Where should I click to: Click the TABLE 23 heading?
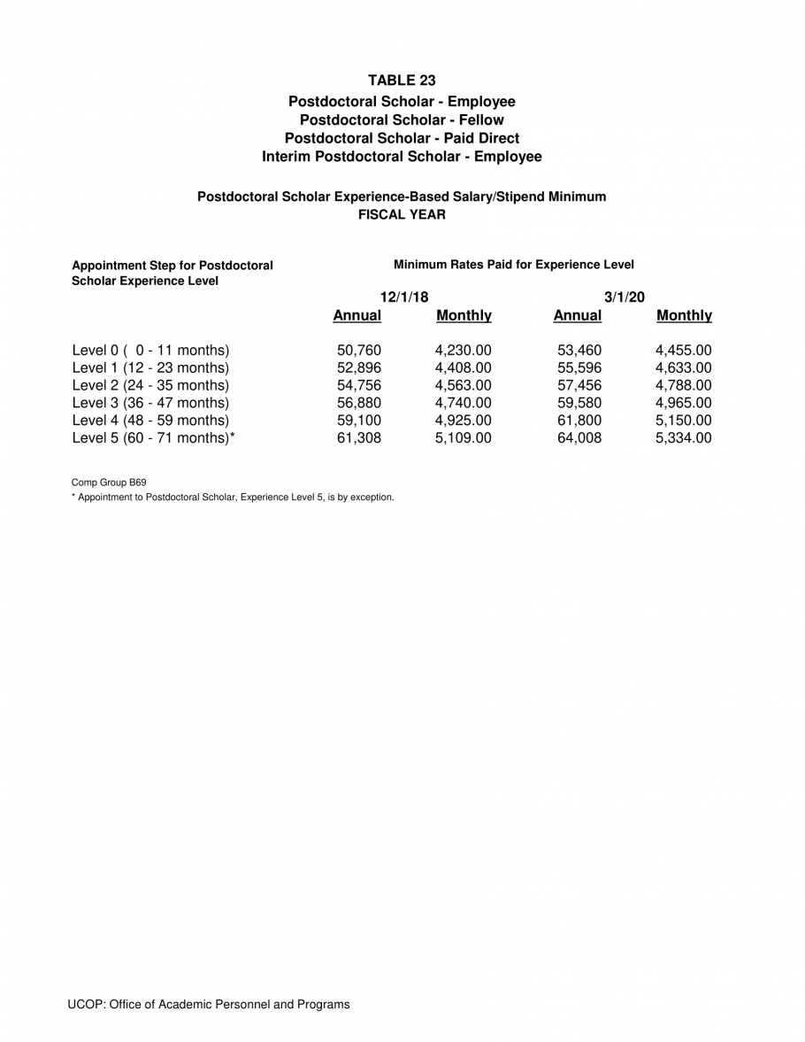(x=402, y=81)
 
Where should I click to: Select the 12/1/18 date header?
(x=403, y=297)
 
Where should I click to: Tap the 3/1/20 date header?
(x=624, y=297)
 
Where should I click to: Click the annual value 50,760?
(x=358, y=350)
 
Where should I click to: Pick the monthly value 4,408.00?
(x=463, y=367)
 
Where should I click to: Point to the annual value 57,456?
(x=579, y=385)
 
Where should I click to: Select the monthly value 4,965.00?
(x=683, y=403)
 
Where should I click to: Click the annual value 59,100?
(x=358, y=420)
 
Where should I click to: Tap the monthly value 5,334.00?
(x=683, y=437)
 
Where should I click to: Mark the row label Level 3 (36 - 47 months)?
(x=150, y=403)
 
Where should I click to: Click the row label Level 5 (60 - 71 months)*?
(x=153, y=437)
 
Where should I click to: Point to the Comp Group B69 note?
(x=109, y=482)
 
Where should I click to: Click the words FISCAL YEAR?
(x=402, y=214)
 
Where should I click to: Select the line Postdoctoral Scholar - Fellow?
(x=402, y=120)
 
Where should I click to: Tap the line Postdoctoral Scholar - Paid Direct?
(x=402, y=138)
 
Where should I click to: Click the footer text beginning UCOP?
(x=209, y=1004)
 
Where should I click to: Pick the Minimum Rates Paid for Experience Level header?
(x=513, y=265)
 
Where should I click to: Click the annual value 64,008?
(x=579, y=437)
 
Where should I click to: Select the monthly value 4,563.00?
(x=463, y=385)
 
